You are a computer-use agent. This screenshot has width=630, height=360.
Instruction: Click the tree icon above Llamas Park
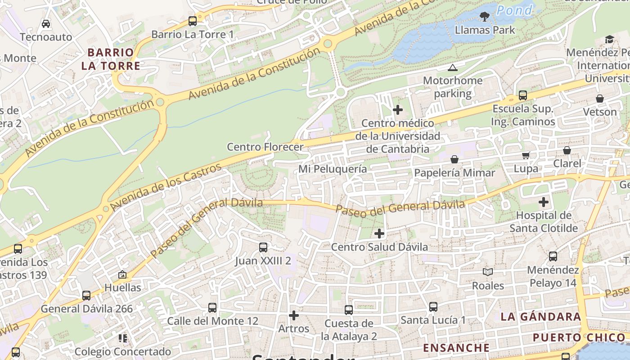(485, 17)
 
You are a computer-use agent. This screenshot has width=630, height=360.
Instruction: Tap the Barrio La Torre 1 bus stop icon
(193, 21)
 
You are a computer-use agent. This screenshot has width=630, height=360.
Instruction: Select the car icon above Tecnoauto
(46, 23)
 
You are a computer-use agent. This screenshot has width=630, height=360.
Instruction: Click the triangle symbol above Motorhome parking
(453, 68)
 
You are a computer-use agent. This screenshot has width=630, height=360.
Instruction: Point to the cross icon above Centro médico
(398, 110)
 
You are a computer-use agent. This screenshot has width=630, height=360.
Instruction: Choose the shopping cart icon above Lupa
(526, 156)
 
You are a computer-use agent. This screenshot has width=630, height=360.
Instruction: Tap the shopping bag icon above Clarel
(567, 150)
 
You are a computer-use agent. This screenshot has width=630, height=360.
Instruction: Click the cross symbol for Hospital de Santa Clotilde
(544, 202)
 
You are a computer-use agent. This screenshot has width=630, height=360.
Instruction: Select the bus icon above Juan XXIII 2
(263, 247)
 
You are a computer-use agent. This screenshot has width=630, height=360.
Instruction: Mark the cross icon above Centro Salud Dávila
(379, 233)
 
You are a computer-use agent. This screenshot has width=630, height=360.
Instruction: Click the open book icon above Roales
(488, 272)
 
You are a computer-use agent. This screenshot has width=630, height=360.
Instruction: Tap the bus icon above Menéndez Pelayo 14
(553, 256)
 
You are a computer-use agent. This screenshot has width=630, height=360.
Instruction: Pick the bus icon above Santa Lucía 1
(433, 307)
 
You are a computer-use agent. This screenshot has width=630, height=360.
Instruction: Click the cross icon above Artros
(294, 315)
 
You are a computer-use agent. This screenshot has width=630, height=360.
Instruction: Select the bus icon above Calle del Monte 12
(212, 308)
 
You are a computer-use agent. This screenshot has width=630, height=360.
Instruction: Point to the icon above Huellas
(122, 274)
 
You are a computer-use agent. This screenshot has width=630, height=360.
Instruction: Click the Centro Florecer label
(265, 147)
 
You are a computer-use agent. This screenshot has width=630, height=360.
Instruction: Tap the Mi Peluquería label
(333, 169)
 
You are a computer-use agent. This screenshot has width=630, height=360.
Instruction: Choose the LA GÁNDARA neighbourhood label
(540, 316)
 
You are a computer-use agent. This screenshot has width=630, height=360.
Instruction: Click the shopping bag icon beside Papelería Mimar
(454, 159)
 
